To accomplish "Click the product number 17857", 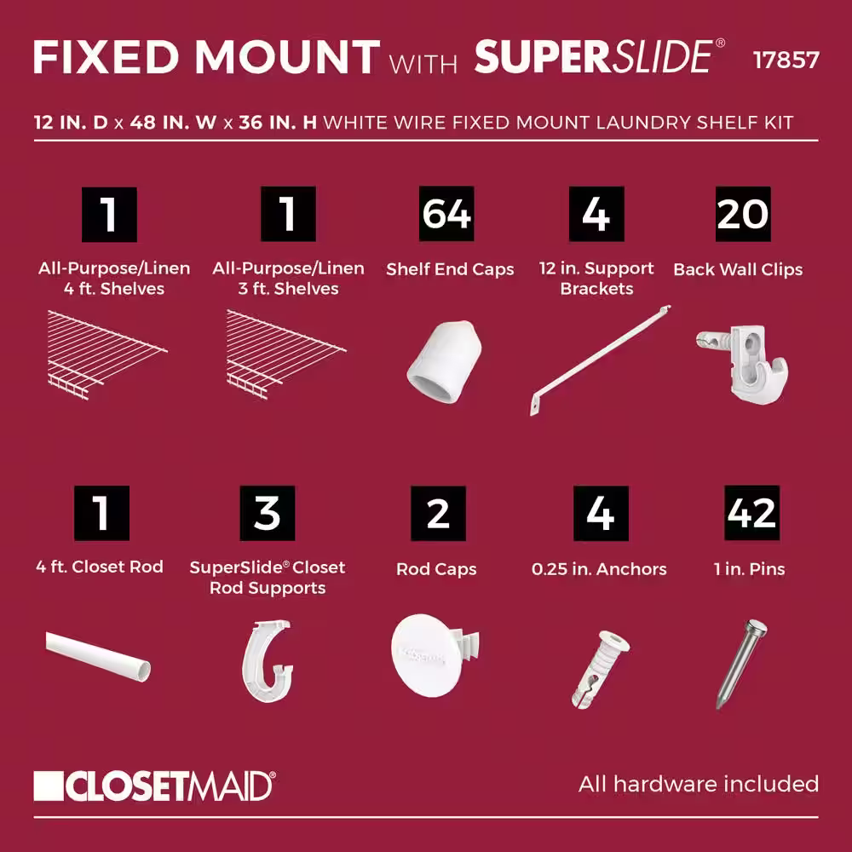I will tap(786, 60).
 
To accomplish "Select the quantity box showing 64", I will tap(446, 214).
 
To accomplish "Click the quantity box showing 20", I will tap(743, 214).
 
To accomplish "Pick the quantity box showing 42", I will tap(751, 513).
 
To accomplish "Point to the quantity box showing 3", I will tap(268, 513).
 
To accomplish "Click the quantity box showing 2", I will tap(438, 513).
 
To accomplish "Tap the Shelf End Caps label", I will tap(450, 269).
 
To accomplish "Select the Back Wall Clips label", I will tap(738, 269).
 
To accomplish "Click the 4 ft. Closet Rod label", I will tap(101, 567).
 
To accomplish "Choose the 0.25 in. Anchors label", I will tap(599, 568).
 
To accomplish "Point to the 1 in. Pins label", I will tap(750, 568).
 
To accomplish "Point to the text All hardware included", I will tap(698, 784).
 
